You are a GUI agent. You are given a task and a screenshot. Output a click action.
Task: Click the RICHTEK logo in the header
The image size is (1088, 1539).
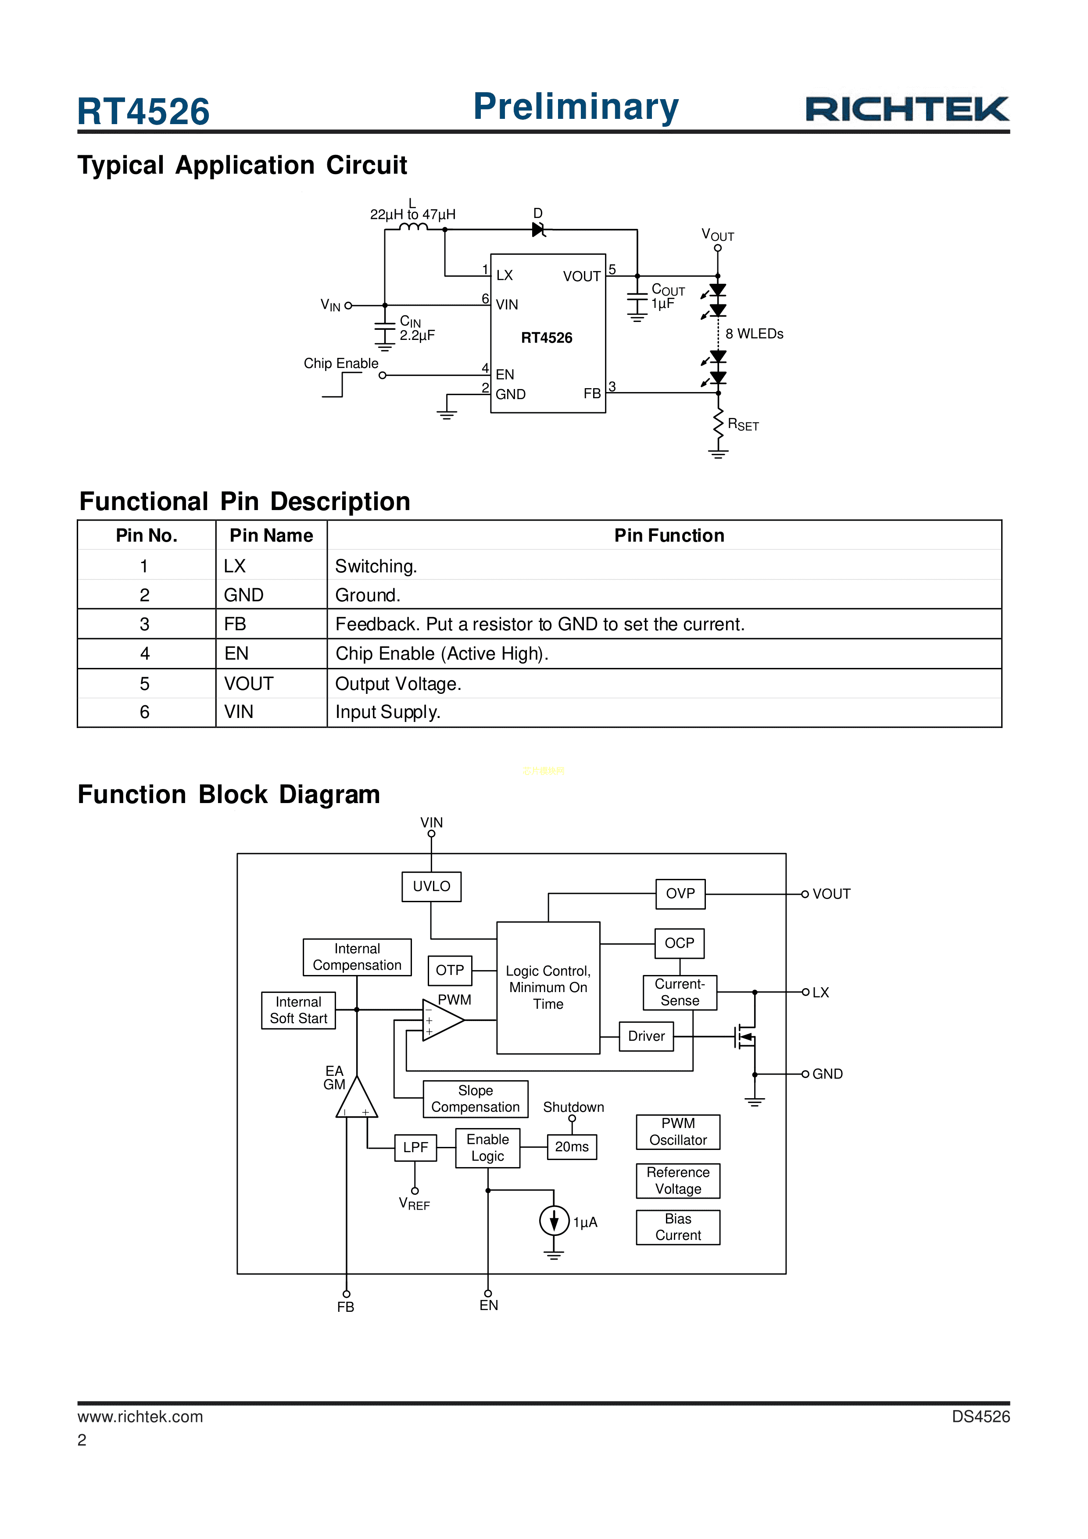[x=906, y=109]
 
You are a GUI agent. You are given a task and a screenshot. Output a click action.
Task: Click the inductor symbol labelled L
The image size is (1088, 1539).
[x=414, y=228]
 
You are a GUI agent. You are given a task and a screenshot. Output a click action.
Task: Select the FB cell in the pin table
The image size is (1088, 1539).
[x=235, y=624]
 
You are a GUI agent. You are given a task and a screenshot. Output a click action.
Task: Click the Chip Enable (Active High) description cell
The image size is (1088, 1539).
[x=442, y=653]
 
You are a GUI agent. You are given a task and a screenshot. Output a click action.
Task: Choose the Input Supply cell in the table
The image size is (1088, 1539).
[x=387, y=712]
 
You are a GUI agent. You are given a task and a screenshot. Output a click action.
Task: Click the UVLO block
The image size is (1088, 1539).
[x=431, y=886]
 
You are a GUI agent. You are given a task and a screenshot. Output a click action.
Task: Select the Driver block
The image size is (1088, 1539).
[x=646, y=1036]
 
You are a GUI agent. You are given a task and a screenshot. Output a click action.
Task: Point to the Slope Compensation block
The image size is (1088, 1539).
[x=475, y=1099]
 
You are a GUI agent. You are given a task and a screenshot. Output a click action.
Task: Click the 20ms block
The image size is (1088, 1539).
[x=572, y=1147]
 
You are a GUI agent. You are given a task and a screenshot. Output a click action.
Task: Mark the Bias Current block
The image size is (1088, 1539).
[x=678, y=1227]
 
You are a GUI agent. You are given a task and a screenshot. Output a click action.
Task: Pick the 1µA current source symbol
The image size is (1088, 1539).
[x=554, y=1221]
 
